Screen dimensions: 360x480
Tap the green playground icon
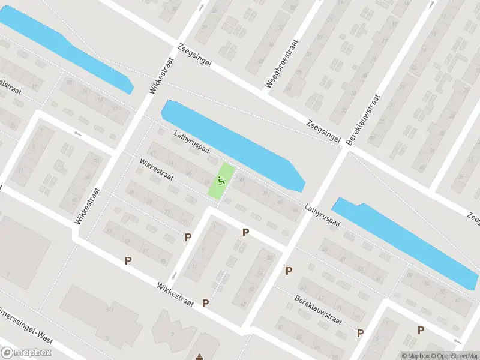(221, 179)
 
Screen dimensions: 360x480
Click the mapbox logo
(25, 353)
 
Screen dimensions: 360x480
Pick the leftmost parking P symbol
(127, 260)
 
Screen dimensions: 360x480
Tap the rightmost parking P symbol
(421, 330)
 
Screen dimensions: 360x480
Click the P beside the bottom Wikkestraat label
(206, 303)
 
